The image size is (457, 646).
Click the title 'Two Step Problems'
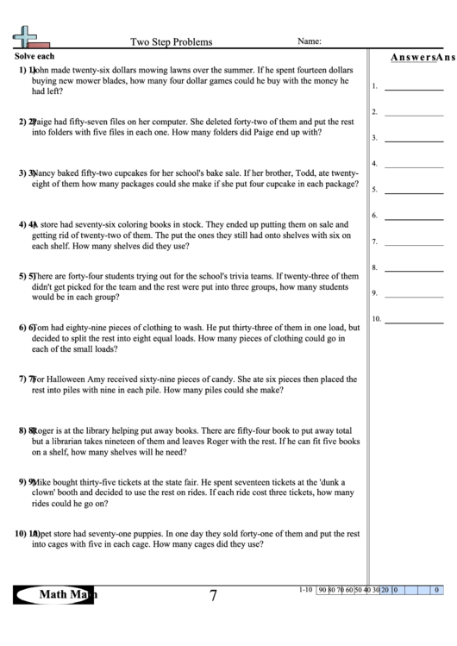[x=171, y=41]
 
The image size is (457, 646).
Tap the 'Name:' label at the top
[x=310, y=41]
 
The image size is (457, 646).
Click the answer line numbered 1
[x=413, y=87]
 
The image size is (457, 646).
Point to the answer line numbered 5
[x=413, y=191]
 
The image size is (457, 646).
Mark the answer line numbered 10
[x=413, y=320]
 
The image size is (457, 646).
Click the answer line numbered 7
[x=413, y=242]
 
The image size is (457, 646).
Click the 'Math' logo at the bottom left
[x=57, y=594]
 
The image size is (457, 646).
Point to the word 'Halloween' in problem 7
[x=76, y=378]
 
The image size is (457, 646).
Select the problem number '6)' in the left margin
[x=22, y=328]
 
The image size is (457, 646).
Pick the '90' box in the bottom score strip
[x=322, y=590]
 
